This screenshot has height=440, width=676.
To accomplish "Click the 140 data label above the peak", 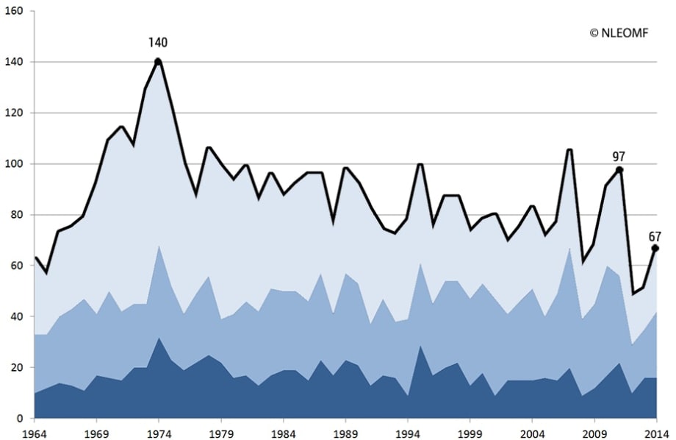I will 158,43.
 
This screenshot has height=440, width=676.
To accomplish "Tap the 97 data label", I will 618,156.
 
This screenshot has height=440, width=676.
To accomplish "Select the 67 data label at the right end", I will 655,236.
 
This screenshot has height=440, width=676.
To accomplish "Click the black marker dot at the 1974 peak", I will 158,62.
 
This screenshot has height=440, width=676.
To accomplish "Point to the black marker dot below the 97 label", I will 619,170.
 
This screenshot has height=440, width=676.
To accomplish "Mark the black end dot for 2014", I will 655,249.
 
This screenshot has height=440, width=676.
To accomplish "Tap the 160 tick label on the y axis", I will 15,11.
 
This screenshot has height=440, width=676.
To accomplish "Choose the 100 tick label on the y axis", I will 15,164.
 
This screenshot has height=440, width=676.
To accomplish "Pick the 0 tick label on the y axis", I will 21,419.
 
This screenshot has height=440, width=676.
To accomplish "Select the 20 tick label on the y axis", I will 18,368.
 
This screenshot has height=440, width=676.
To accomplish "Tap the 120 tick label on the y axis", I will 15,113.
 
